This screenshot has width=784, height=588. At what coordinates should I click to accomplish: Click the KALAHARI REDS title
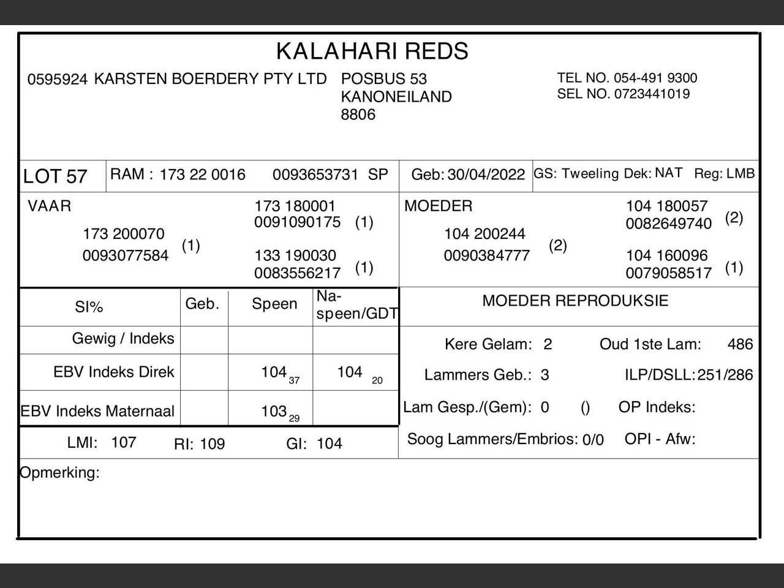point(372,51)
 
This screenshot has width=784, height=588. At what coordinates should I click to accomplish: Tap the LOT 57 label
point(55,176)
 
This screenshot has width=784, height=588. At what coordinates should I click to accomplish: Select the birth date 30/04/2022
point(486,175)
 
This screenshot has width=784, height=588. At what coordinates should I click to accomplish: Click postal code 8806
point(358,115)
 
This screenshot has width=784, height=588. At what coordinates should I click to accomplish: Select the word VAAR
point(49,206)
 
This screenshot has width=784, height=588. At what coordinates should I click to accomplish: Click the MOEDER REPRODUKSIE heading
point(575,301)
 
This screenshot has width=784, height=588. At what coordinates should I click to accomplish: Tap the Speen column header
point(274,304)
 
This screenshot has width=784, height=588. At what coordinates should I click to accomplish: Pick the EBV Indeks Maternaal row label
point(98,411)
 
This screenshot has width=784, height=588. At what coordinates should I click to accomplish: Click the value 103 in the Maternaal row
point(274,411)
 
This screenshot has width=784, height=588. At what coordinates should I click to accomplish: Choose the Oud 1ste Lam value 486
point(740,344)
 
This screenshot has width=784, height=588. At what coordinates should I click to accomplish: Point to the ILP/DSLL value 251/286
point(725,375)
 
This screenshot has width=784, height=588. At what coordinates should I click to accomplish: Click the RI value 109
point(213,444)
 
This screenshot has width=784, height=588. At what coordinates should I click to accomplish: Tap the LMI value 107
point(123,442)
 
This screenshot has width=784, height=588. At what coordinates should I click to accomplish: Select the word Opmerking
point(59,473)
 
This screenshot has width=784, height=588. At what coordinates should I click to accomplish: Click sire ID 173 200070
point(124,234)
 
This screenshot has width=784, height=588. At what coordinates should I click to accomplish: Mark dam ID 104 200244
point(484,234)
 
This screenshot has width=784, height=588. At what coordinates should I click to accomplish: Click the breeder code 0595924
point(58,80)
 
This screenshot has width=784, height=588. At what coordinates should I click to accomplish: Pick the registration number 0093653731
point(315,175)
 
